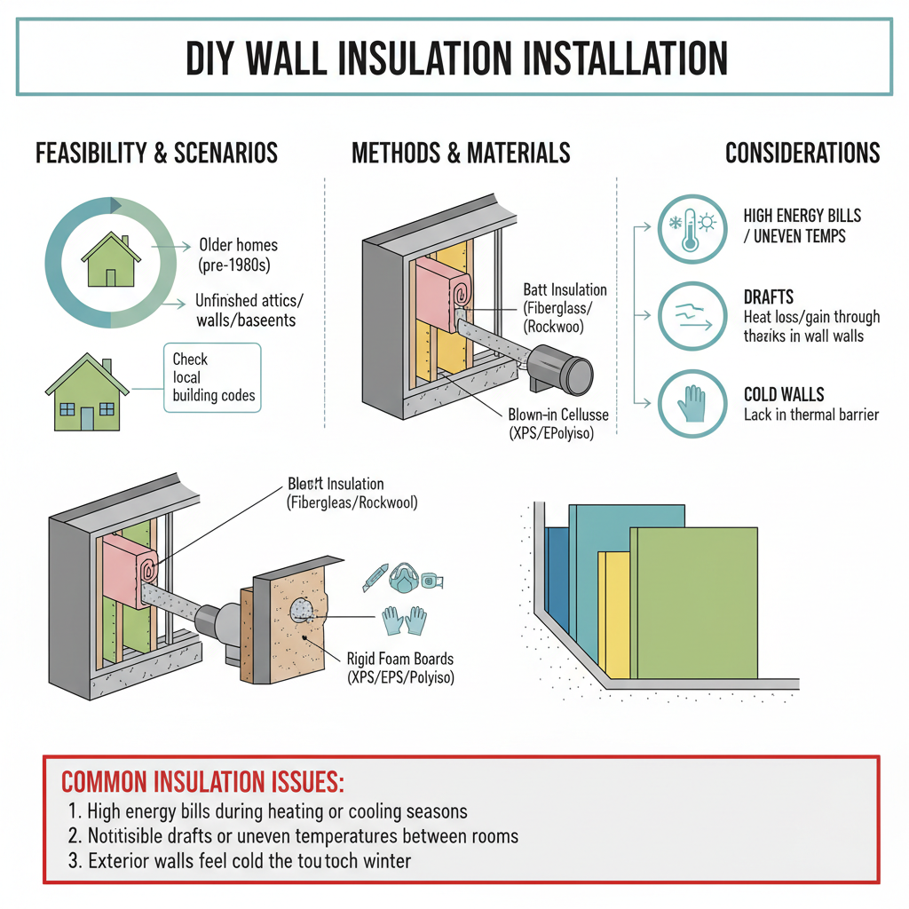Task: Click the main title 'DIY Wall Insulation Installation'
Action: (x=454, y=58)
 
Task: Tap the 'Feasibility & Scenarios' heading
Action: (x=156, y=153)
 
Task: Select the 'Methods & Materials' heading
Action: (x=461, y=153)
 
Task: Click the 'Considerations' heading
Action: (x=802, y=153)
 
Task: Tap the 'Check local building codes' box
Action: (x=213, y=377)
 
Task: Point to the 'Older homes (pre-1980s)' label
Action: (x=238, y=254)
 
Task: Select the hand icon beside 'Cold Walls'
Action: (x=691, y=403)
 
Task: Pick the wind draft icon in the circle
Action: (x=691, y=316)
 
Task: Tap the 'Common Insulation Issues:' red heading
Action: (x=202, y=782)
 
